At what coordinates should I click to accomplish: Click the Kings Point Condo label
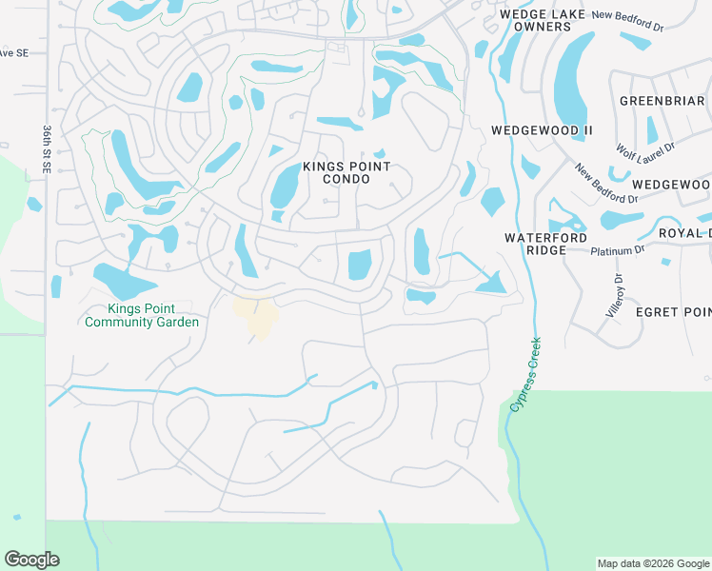[346, 172]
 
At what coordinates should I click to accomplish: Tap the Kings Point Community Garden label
[141, 315]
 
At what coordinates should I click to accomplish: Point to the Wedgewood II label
[542, 129]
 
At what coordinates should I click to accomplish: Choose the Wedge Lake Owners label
[535, 21]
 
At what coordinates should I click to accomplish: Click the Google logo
[31, 560]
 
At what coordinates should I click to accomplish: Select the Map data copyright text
[652, 563]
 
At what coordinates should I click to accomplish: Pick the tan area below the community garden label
[256, 315]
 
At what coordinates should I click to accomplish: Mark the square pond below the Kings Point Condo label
[359, 264]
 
